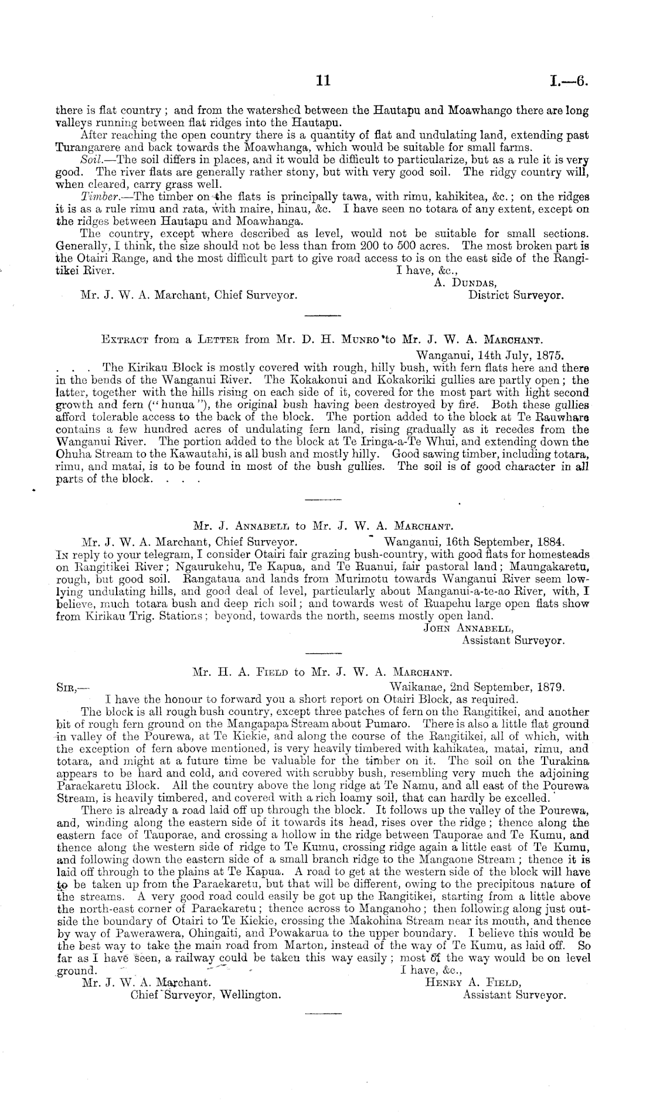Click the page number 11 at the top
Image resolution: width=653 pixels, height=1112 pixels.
pyautogui.click(x=323, y=82)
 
